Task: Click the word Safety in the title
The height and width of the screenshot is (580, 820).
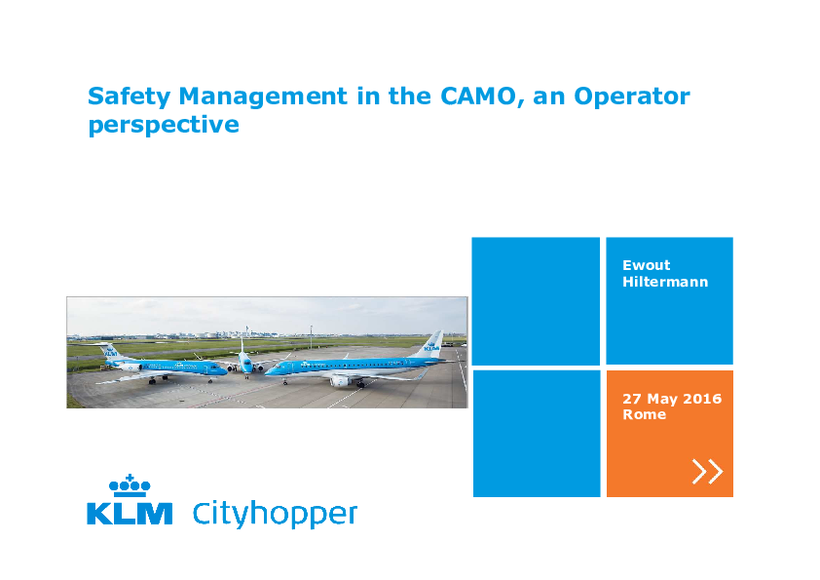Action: [x=130, y=97]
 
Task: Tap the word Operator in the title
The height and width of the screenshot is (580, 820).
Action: [x=632, y=97]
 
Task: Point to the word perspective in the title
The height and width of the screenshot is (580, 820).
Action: [x=164, y=126]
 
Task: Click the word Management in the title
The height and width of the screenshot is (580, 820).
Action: [x=263, y=97]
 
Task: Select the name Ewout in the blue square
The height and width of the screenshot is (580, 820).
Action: [x=647, y=265]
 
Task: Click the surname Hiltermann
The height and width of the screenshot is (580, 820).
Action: [x=665, y=282]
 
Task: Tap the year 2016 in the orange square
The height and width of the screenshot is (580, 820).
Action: [x=702, y=399]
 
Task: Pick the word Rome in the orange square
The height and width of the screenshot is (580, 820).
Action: [x=645, y=414]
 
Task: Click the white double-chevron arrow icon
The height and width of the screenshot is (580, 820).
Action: [x=708, y=471]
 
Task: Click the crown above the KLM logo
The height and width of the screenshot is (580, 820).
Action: [x=130, y=485]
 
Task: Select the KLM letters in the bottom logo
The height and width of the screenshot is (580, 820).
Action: [x=130, y=514]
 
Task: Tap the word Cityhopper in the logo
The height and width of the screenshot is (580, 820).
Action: [x=275, y=514]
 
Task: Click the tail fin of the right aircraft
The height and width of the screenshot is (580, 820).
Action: [x=431, y=344]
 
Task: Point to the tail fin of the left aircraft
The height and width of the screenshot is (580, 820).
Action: [x=111, y=352]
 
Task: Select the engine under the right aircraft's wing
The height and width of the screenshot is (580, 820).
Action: [x=341, y=380]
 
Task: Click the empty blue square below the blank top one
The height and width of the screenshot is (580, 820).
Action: [x=537, y=434]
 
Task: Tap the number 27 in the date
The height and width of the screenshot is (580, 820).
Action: [x=632, y=399]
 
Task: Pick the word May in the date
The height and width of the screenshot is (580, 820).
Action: [x=662, y=400]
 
